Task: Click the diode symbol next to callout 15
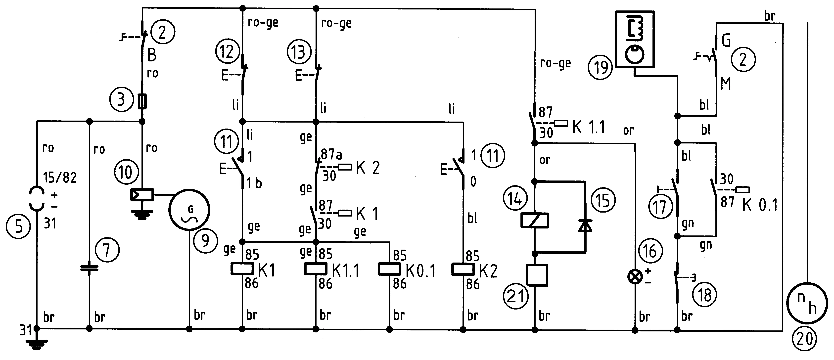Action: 585,226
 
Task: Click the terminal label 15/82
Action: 60,178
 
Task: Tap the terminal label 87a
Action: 331,154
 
